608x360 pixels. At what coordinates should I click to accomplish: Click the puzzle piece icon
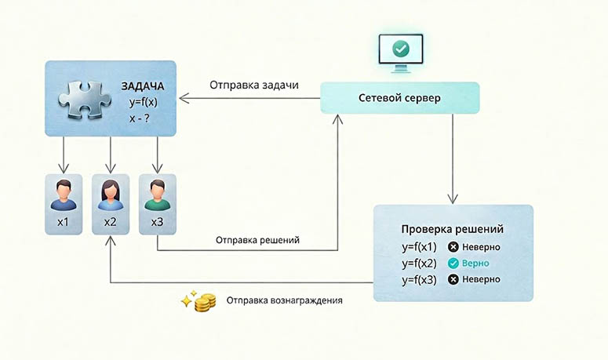(84, 99)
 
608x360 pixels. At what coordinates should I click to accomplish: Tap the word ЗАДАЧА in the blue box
(143, 86)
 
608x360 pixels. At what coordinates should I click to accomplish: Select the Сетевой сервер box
(400, 98)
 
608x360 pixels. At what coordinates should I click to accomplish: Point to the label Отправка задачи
(254, 85)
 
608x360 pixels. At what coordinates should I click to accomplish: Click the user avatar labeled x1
(64, 195)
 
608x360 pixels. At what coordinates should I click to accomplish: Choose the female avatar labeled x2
(111, 195)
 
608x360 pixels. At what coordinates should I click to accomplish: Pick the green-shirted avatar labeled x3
(158, 195)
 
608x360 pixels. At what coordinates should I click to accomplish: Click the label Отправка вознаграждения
(284, 300)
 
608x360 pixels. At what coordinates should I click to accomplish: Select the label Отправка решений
(257, 240)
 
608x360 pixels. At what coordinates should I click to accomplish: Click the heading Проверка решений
(452, 229)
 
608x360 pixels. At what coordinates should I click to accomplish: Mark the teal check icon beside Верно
(453, 264)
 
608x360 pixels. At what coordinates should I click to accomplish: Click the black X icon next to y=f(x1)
(453, 247)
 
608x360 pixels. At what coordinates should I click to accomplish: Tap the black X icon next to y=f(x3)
(453, 279)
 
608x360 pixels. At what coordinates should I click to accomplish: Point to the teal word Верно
(475, 264)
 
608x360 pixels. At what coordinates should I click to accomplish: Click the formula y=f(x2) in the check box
(419, 264)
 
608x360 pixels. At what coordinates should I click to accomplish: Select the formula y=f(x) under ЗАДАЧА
(144, 102)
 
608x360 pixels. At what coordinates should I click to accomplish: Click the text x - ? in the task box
(139, 118)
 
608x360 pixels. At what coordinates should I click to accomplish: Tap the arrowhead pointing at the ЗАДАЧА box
(184, 98)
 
